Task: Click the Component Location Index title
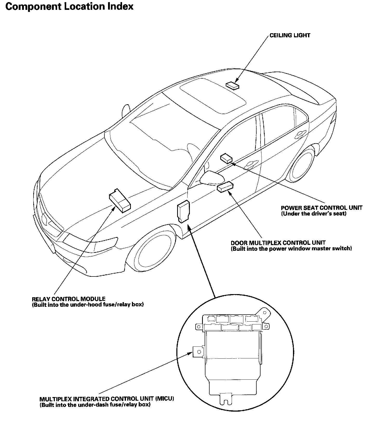click(x=69, y=6)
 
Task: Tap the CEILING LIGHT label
click(x=290, y=35)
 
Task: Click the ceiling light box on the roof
click(x=232, y=85)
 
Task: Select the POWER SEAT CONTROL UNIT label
click(x=322, y=208)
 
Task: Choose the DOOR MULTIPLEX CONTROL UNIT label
click(x=278, y=243)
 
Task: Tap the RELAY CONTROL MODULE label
click(x=69, y=299)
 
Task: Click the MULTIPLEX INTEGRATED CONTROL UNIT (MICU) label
click(x=107, y=399)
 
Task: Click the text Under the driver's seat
click(x=314, y=214)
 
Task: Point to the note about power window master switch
click(x=291, y=249)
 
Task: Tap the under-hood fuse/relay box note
click(x=88, y=305)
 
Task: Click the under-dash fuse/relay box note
click(x=95, y=405)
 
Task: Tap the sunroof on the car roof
click(x=213, y=95)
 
